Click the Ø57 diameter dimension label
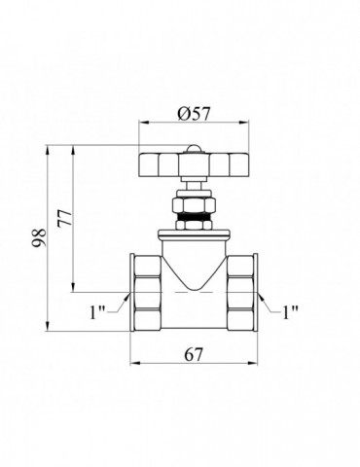[x=194, y=113]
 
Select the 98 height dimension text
[x=40, y=237]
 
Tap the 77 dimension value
[x=64, y=218]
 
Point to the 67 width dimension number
[x=194, y=354]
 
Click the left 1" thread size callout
[x=97, y=312]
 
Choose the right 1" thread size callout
[x=290, y=312]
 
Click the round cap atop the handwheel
[x=194, y=149]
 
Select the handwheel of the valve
[x=195, y=165]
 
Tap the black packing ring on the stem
[x=194, y=217]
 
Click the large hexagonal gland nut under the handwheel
[x=194, y=205]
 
